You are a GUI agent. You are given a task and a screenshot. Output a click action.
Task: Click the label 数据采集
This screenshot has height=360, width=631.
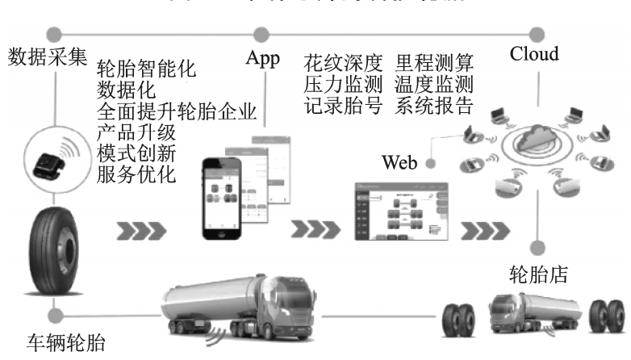coord(46,59)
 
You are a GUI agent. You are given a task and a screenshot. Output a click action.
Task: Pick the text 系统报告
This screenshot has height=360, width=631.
coord(436,105)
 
